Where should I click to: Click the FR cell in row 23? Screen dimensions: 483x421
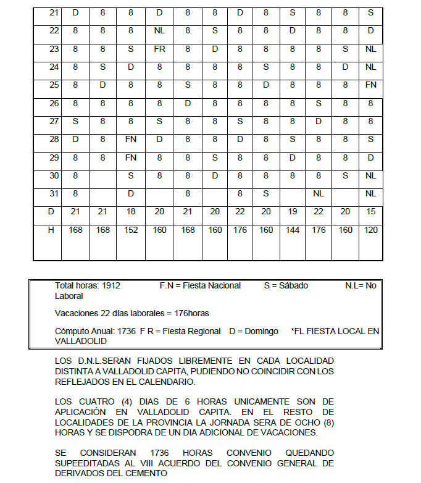tap(159, 49)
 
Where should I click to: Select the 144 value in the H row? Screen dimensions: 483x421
tap(292, 230)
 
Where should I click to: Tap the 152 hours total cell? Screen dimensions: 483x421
tap(130, 230)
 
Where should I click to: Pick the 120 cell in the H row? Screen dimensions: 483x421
tap(370, 230)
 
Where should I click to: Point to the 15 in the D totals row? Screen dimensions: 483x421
tap(370, 212)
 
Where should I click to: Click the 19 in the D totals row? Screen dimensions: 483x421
tap(292, 212)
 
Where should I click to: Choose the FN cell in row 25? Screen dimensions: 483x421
tap(370, 85)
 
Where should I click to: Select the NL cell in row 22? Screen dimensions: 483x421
tap(159, 30)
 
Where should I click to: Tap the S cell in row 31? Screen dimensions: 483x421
tap(265, 193)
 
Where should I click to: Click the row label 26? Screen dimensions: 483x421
tap(54, 103)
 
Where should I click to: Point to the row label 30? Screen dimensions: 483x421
tap(54, 175)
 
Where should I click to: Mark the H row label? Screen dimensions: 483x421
tap(52, 230)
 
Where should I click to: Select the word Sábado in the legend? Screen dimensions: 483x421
tap(293, 285)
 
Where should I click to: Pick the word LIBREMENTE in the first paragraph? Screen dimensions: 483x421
tap(196, 360)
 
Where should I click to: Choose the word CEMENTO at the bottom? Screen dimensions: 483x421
tap(146, 474)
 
